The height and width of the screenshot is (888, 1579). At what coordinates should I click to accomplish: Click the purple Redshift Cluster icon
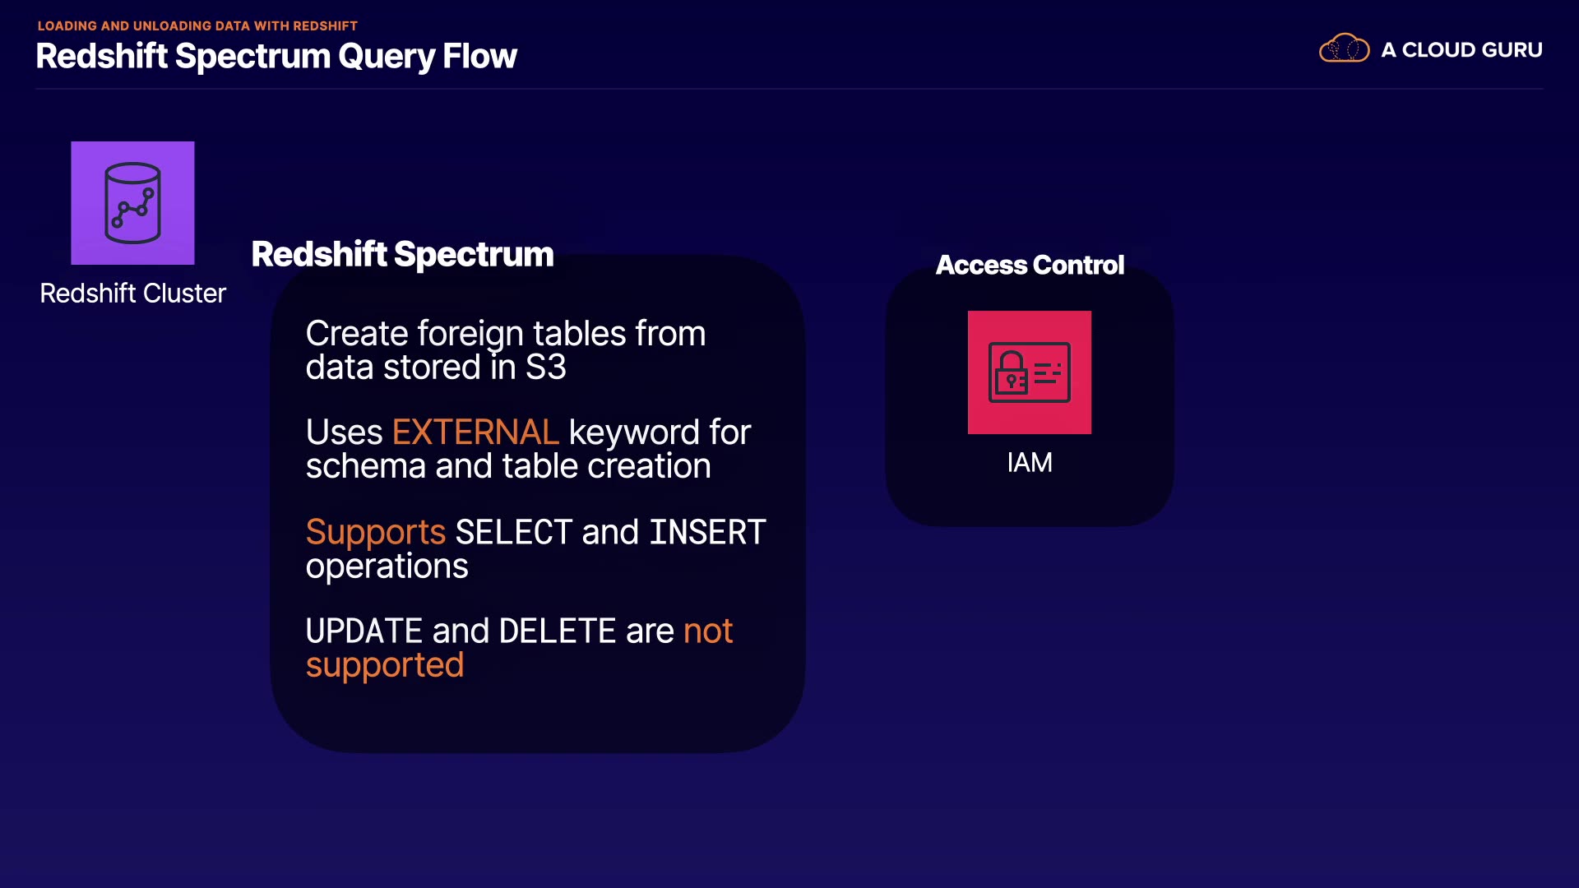pos(132,203)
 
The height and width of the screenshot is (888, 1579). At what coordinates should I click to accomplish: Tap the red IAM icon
pos(1030,372)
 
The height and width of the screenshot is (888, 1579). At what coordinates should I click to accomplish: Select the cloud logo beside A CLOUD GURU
pos(1344,49)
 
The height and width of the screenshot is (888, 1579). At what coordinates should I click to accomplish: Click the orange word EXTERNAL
pos(475,432)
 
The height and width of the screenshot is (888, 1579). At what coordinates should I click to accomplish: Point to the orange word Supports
pos(376,533)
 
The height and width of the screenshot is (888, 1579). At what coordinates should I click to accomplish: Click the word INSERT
pos(707,532)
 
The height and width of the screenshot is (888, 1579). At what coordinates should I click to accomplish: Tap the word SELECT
pos(514,532)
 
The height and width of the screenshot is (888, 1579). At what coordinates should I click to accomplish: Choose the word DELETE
pos(558,631)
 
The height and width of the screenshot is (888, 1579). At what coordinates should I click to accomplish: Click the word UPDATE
pos(364,631)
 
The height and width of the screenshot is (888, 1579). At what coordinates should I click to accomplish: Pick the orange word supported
pos(385,666)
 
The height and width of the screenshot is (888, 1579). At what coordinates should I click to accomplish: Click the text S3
pos(546,368)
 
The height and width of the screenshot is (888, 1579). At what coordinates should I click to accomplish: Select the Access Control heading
pos(1030,265)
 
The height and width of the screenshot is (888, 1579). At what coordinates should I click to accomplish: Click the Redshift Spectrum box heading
pos(402,254)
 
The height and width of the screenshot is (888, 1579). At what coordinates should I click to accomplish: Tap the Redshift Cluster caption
pos(132,294)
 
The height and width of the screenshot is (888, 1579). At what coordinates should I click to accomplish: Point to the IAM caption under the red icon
pos(1030,463)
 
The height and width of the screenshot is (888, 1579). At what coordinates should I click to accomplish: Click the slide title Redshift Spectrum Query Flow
pos(276,56)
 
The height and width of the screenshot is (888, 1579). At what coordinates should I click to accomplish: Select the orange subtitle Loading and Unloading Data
pos(197,25)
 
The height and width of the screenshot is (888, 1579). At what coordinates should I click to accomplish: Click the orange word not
pos(708,631)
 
